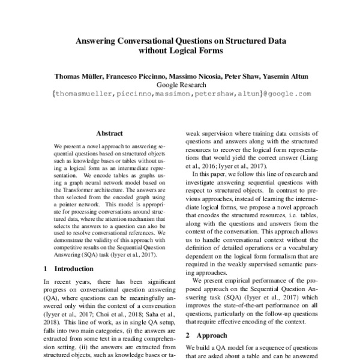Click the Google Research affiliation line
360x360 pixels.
click(180, 85)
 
